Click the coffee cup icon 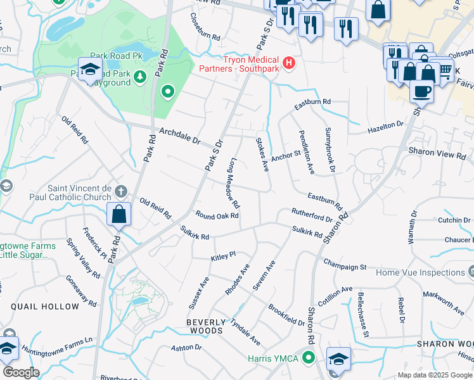(421, 91)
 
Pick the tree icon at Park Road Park (139, 77)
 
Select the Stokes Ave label (262, 155)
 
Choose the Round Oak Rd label (217, 215)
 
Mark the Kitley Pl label (223, 255)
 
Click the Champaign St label (345, 263)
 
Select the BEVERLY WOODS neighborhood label (205, 326)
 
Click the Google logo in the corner (21, 372)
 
